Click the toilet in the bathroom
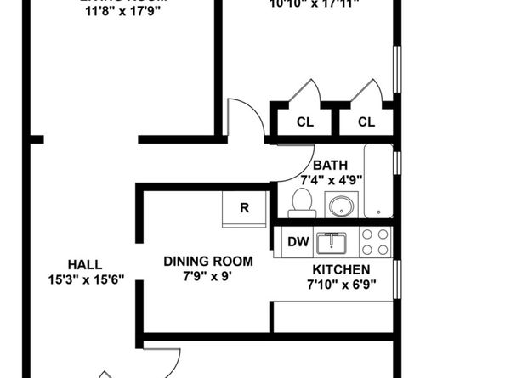click(x=300, y=202)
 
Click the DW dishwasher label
click(x=297, y=242)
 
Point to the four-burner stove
click(x=375, y=242)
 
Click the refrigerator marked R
click(x=244, y=208)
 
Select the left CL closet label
click(x=304, y=122)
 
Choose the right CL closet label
click(x=366, y=122)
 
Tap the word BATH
click(x=329, y=165)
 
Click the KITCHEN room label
click(x=340, y=269)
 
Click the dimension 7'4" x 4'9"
click(x=332, y=179)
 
